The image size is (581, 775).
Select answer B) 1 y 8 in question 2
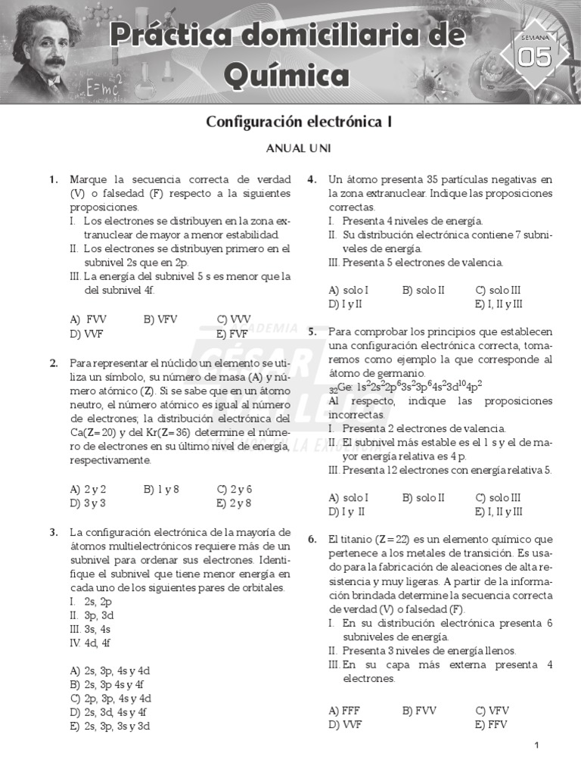(160, 488)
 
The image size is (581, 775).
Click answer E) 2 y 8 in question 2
(234, 503)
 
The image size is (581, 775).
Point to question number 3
(54, 531)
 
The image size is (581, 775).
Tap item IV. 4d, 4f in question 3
(90, 643)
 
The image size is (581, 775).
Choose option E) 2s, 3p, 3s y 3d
(110, 726)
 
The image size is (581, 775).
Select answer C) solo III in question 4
(498, 290)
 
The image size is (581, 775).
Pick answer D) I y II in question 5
(346, 512)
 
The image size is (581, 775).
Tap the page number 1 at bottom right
(536, 746)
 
